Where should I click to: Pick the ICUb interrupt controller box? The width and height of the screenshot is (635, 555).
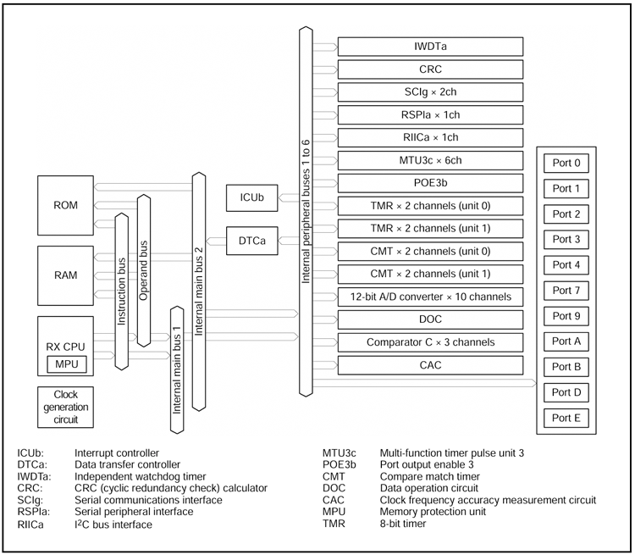click(251, 197)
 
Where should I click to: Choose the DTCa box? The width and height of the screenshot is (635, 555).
click(251, 241)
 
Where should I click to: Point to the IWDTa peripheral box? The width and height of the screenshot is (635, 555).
click(430, 47)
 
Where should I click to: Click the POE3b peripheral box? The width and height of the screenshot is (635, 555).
click(430, 183)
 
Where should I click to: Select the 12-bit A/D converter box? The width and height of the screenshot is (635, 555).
click(430, 297)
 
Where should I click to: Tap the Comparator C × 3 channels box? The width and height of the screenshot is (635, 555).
click(430, 343)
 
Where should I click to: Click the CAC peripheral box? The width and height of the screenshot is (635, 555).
click(430, 366)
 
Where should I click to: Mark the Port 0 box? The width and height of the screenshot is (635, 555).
click(566, 162)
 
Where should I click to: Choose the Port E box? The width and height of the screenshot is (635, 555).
click(566, 417)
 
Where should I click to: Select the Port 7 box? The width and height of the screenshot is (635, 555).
click(566, 291)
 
